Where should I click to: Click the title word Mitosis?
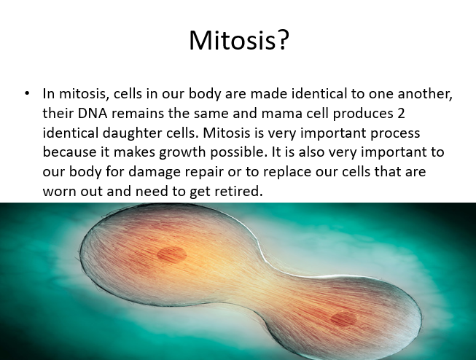pos(239,40)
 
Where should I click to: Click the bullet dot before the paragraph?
pos(27,93)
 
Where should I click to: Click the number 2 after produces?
pos(401,113)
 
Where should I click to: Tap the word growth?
pos(182,152)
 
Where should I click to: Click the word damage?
pos(155,172)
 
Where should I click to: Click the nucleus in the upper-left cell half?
pos(172,254)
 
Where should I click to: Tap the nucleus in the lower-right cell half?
pos(343,318)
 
